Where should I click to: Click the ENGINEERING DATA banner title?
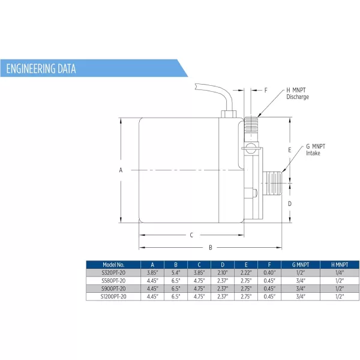[41, 68]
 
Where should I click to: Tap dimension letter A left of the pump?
[121, 170]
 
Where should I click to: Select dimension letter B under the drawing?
[211, 247]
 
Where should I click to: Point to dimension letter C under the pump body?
[191, 235]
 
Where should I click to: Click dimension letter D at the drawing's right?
[290, 203]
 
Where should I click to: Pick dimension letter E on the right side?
[290, 150]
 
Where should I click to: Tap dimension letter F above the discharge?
[266, 90]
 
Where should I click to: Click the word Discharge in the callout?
[298, 97]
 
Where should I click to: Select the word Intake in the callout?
[313, 153]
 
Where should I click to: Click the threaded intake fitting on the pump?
[272, 183]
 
